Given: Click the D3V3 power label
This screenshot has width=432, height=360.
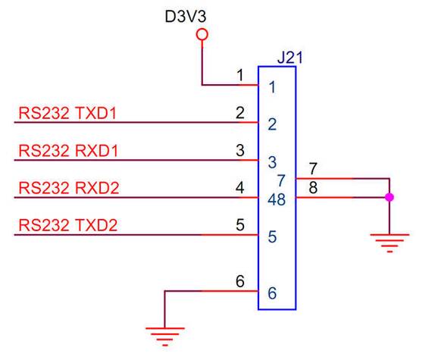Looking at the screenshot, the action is coord(186,16).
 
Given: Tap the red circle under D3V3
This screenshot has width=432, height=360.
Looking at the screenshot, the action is coord(202,35).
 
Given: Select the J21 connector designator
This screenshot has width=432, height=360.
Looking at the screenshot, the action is coord(290,58).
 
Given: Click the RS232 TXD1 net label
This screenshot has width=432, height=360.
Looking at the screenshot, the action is coord(67,113).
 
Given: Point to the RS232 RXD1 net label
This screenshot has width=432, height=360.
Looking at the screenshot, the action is coord(68,151).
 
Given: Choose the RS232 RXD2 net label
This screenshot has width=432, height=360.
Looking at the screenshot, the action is coord(69,188).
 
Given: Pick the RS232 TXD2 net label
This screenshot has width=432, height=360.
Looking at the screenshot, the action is coord(68,225).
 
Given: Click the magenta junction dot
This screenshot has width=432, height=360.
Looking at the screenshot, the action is coord(390,197).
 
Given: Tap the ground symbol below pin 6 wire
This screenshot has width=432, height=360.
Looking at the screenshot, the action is coord(165,337).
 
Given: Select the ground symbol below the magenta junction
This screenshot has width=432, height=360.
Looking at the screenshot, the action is coord(390,243).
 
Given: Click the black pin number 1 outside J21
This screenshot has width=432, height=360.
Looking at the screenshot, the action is coord(240,75).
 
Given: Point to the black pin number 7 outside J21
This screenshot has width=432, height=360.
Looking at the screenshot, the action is coord(313,168).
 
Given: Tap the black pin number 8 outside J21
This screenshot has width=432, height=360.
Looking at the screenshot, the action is coord(313,187).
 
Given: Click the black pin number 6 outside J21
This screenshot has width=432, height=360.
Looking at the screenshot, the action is coord(240,281).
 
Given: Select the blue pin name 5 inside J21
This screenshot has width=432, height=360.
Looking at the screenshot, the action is coord(272,236).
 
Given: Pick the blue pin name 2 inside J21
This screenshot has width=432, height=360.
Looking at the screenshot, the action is coord(272,124).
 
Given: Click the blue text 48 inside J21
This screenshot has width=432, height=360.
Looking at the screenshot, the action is coord(277,199).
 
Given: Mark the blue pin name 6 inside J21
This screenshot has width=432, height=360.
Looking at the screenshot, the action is coord(272,293).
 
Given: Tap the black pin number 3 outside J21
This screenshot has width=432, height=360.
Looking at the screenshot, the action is coord(240,150).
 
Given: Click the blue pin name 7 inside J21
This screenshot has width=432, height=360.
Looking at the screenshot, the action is coord(281,180).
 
